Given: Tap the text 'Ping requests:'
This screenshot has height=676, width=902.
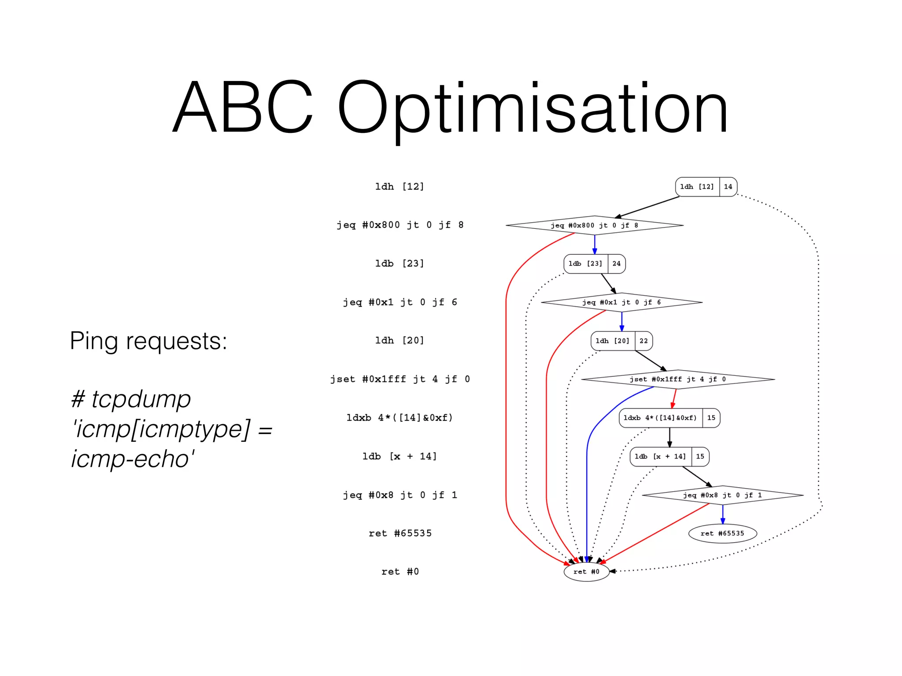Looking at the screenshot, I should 148,341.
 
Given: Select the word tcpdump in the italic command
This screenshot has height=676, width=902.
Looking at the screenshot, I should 141,399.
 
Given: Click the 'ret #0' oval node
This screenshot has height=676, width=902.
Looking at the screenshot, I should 586,572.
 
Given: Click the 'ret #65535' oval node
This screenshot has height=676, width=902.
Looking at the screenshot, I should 722,533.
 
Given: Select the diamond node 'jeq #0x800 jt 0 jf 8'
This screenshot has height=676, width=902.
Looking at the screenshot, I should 594,225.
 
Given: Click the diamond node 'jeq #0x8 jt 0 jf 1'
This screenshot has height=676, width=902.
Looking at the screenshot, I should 722,495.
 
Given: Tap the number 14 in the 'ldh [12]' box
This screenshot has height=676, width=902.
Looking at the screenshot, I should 728,187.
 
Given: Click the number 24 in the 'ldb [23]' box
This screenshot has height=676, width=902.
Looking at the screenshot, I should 616,264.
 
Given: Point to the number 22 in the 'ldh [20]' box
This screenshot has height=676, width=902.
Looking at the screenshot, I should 643,341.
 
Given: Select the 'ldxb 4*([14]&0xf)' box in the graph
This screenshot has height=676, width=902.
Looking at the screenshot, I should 660,418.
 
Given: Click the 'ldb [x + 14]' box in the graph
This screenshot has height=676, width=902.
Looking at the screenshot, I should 660,456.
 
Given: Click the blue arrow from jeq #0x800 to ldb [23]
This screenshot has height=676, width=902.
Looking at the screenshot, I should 595,244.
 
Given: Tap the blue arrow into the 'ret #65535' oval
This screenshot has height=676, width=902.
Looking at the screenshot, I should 723,514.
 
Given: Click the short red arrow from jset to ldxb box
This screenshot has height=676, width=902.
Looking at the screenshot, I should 674,399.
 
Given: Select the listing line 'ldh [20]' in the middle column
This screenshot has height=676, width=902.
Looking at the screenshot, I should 399,341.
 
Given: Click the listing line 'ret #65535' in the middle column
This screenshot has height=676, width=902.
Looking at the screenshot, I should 400,533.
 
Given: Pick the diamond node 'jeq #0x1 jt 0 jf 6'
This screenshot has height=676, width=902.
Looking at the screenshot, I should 621,302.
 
